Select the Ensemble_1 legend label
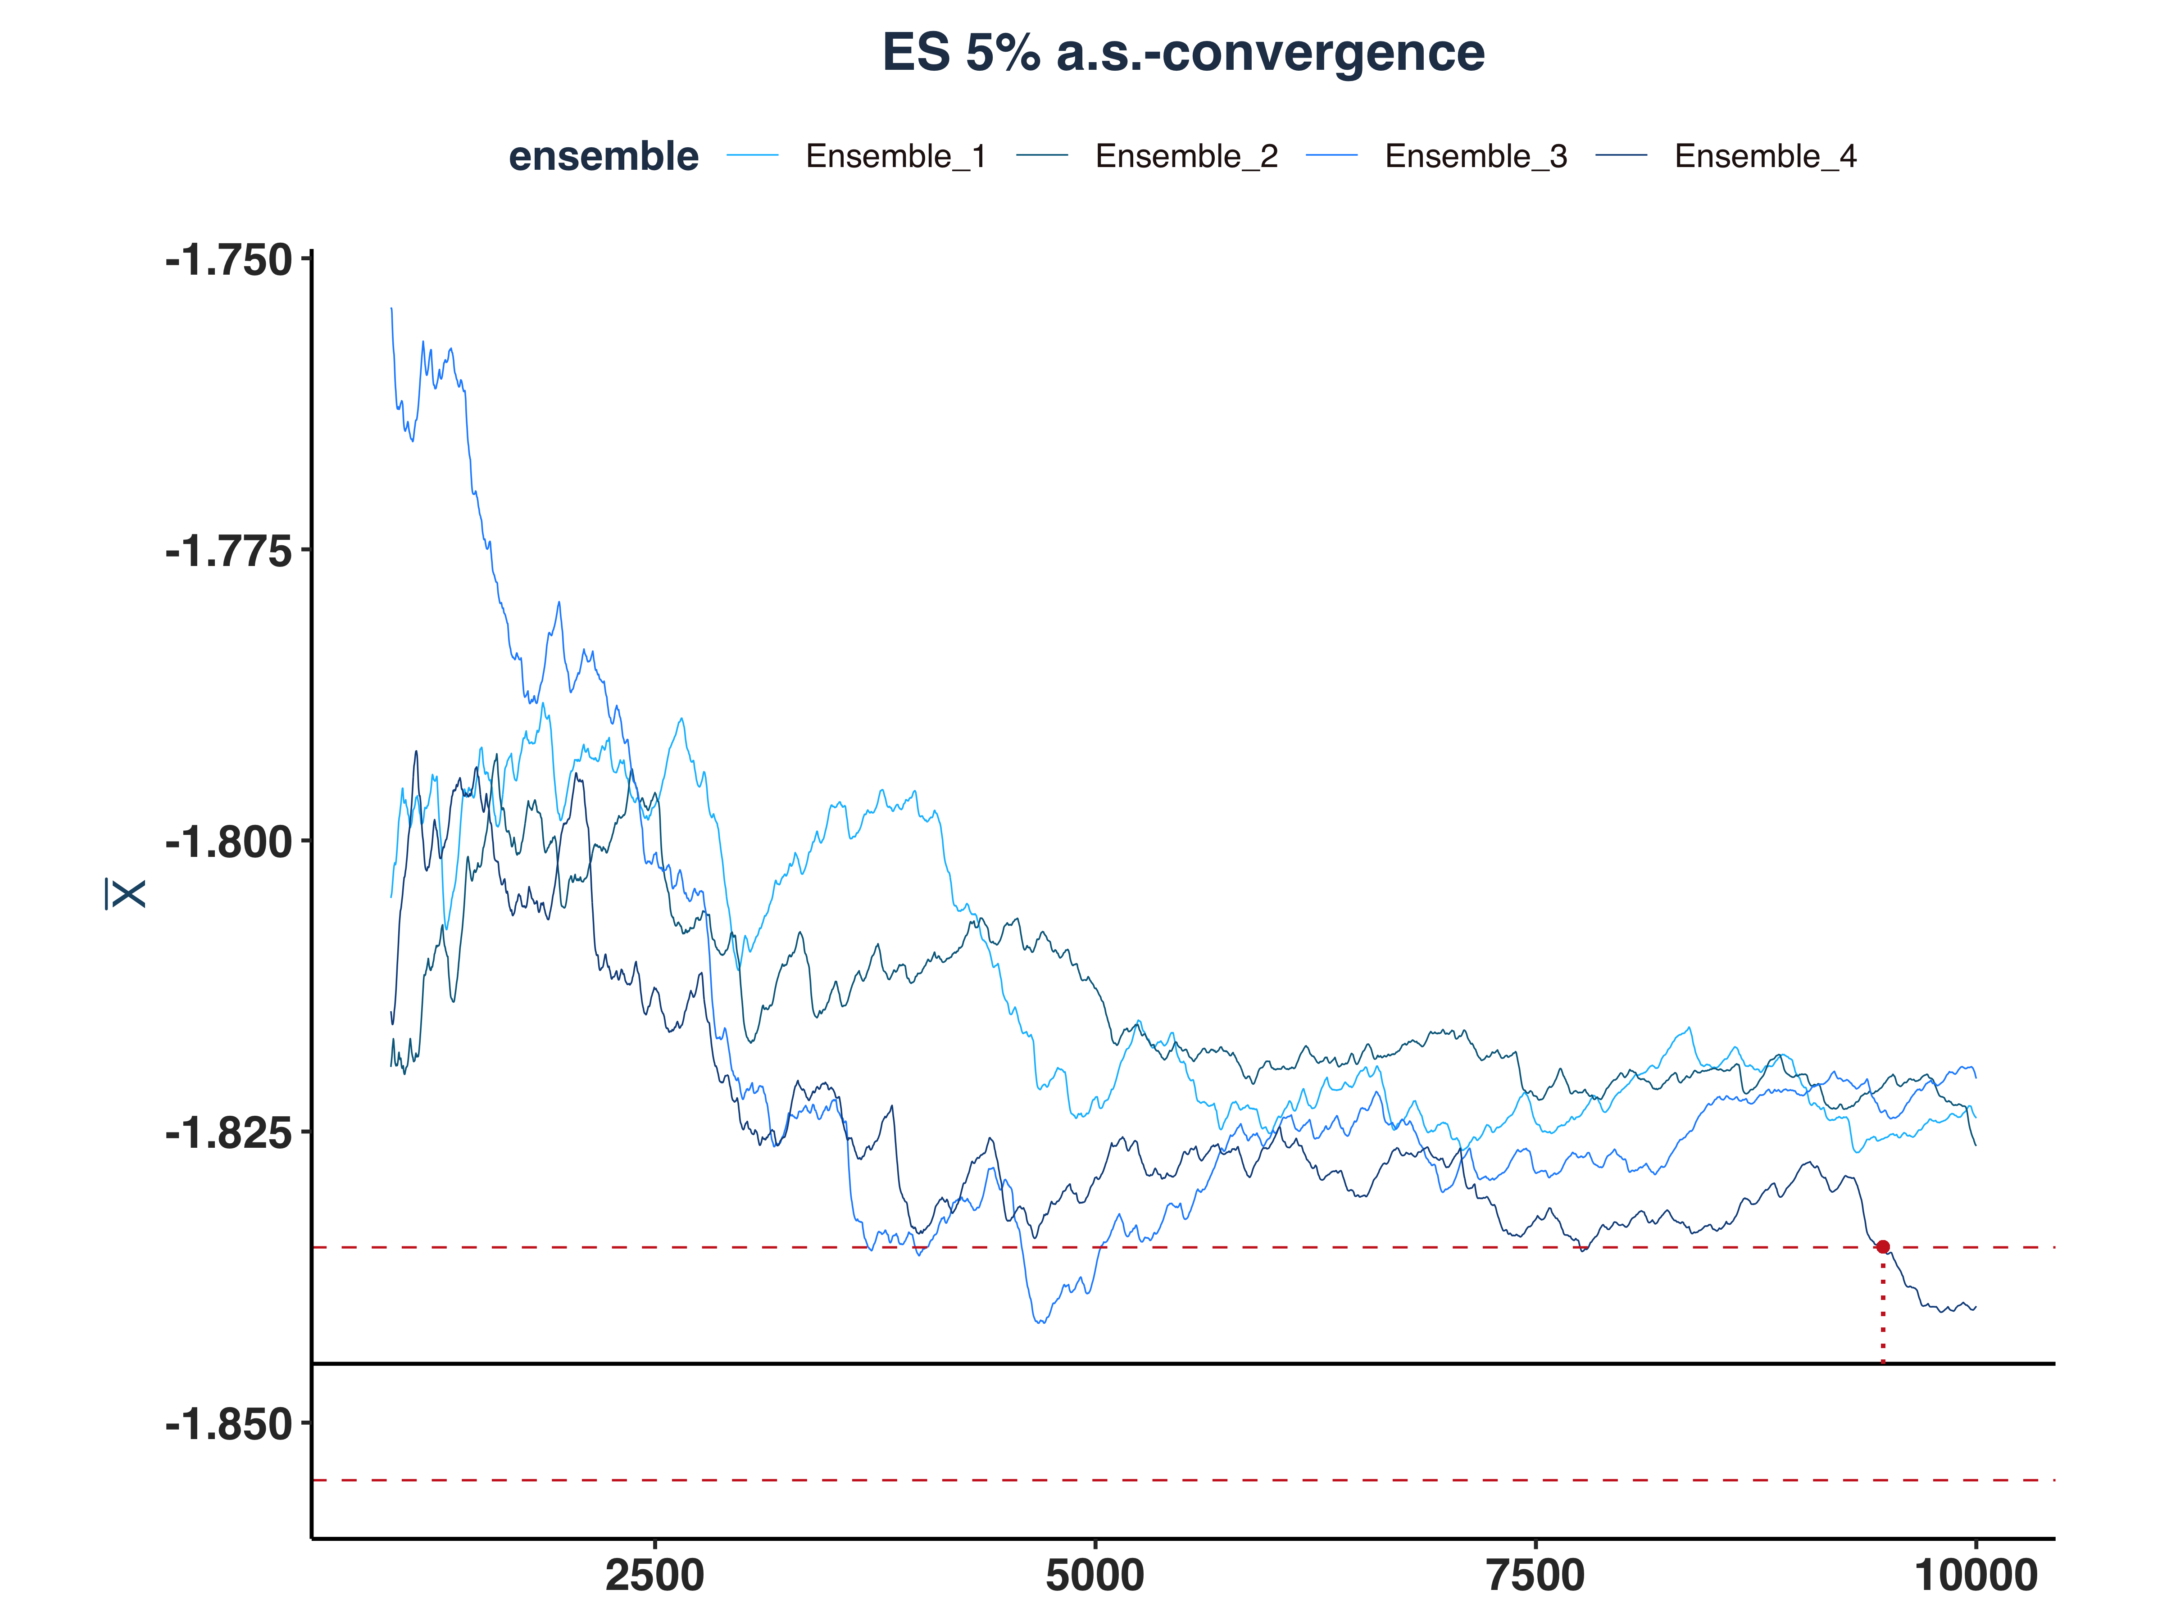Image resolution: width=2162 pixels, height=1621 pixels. coord(895,156)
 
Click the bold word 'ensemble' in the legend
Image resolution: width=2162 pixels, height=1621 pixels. coord(603,156)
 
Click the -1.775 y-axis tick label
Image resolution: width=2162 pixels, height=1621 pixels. coord(229,552)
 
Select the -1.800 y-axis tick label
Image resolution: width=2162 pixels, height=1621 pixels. coord(229,842)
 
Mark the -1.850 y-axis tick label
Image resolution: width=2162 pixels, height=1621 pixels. coord(229,1425)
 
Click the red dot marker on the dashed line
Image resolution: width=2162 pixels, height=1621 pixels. coord(1882,1247)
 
